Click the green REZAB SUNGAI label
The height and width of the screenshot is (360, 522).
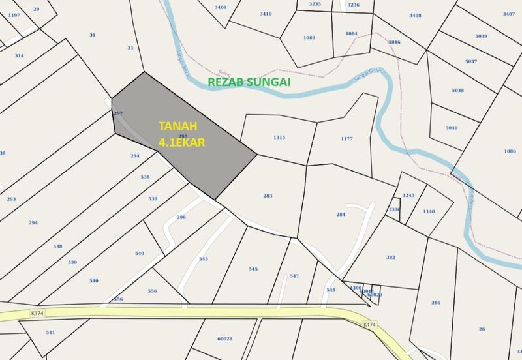(x=249, y=83)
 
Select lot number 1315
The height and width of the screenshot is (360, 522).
(x=279, y=138)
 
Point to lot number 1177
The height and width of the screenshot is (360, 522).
(x=346, y=139)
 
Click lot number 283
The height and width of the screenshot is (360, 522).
(x=268, y=196)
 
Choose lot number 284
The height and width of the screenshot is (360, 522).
(x=340, y=214)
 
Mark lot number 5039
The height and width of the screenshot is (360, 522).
(x=482, y=36)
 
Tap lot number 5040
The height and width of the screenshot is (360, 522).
(x=452, y=128)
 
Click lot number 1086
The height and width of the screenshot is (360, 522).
(x=510, y=151)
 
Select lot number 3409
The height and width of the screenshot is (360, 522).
(x=221, y=7)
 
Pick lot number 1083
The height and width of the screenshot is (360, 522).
(x=309, y=37)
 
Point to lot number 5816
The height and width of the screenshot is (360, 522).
(x=394, y=42)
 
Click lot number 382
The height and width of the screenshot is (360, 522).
(x=391, y=257)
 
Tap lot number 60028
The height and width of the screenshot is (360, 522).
(x=224, y=338)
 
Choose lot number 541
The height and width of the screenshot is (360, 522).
(x=50, y=332)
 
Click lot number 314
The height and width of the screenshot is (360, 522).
(x=19, y=55)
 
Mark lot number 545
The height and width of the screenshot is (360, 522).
(x=253, y=269)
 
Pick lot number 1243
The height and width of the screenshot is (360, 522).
(x=408, y=196)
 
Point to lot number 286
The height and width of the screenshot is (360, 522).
(x=436, y=303)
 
